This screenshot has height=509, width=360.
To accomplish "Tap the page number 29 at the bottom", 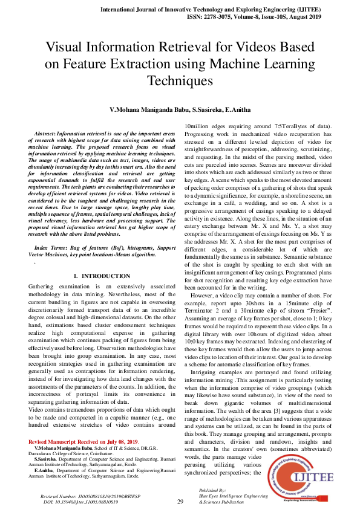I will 180,502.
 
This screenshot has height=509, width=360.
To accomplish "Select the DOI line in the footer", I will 79,501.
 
